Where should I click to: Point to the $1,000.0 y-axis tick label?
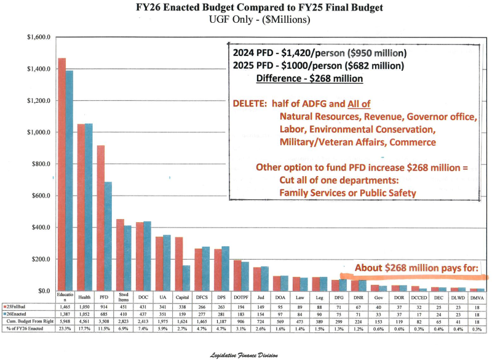point(31,132)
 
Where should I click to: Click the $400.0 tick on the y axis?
point(33,228)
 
